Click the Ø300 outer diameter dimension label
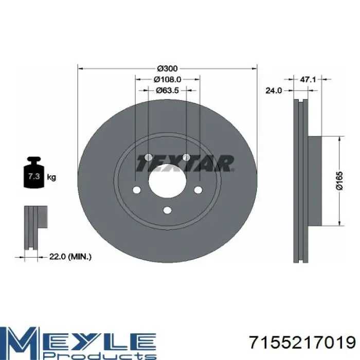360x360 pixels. pos(167,68)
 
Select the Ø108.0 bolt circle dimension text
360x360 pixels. pos(167,79)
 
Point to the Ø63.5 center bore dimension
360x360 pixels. pos(167,91)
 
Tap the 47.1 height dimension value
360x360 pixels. pos(308,79)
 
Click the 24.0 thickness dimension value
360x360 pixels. pos(273,91)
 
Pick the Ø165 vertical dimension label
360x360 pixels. pos(339,181)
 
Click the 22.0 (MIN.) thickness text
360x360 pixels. pos(70,257)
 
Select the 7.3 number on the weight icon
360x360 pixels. pos(33,176)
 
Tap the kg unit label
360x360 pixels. pos(51,177)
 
